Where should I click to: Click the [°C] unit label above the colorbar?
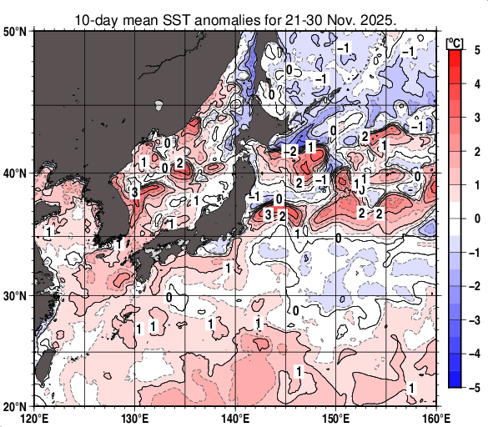pos(455,41)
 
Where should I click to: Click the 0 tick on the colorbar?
pos(474,219)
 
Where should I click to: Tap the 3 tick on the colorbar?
pos(474,118)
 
